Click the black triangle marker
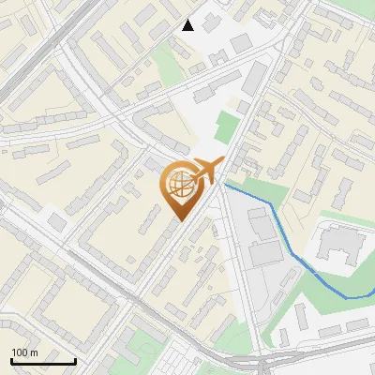click(188, 25)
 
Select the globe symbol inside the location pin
click(178, 187)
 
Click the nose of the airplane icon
click(221, 161)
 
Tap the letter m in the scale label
click(35, 352)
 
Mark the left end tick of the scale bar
click(11, 360)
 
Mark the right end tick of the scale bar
click(75, 360)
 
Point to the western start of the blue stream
click(226, 185)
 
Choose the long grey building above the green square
click(253, 79)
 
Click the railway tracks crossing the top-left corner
click(28, 56)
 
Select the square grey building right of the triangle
click(241, 43)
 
